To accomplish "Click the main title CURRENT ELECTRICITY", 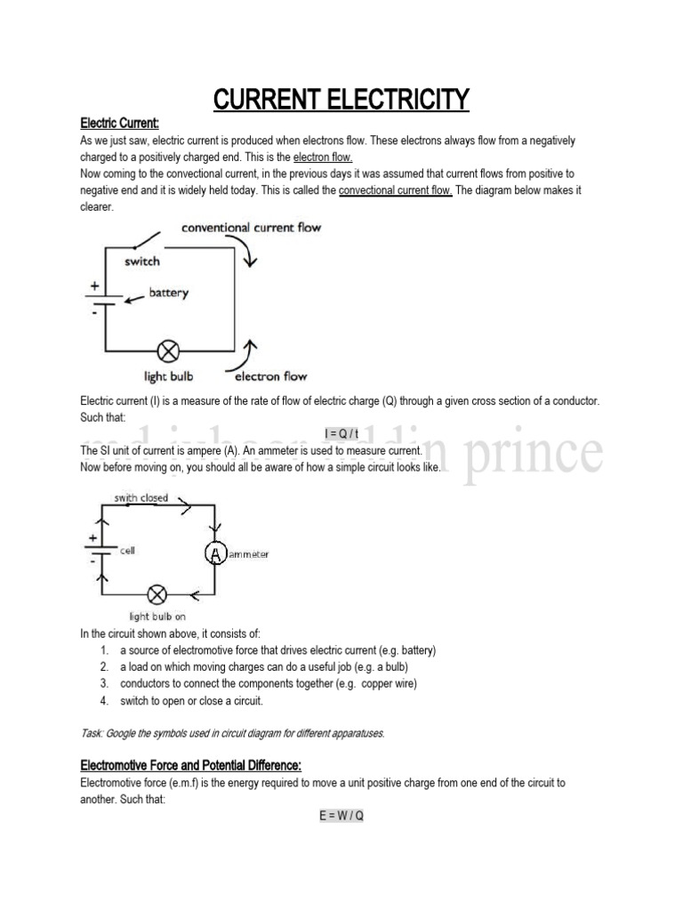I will point(341,99).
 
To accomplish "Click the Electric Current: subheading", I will point(119,123).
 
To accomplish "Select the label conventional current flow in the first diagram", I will point(251,228).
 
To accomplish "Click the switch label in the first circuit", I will point(142,262).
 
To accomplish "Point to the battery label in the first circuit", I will point(169,293).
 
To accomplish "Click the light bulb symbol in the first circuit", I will point(165,349).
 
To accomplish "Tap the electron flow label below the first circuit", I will point(270,376).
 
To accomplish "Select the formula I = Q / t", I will point(341,433).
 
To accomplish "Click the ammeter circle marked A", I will point(215,553).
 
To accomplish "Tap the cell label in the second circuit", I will point(127,550).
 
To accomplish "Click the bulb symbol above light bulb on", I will point(157,593).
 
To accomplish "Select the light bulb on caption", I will point(157,616).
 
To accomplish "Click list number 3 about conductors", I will point(104,683).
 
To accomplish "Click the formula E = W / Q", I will point(341,816).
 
